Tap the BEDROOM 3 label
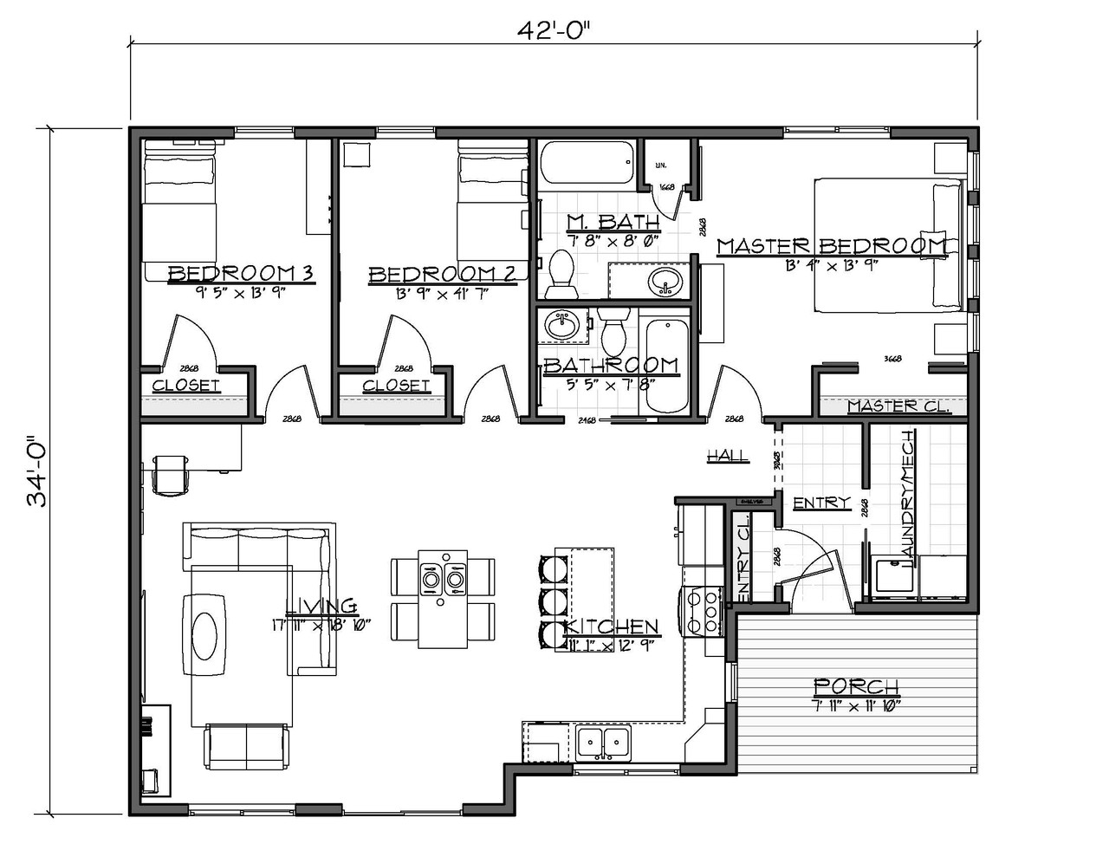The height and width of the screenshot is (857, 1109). click(239, 274)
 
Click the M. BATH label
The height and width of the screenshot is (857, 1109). click(613, 220)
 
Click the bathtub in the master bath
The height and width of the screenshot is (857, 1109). click(586, 163)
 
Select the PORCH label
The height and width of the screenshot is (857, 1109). click(856, 686)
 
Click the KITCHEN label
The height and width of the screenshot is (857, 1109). click(612, 627)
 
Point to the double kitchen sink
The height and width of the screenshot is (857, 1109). click(604, 743)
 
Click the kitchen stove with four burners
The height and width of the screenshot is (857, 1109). click(703, 610)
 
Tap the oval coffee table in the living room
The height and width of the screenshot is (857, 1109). click(208, 634)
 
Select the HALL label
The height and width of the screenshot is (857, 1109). click(727, 456)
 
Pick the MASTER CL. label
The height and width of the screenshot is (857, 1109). click(898, 406)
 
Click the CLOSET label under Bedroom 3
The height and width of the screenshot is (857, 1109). click(186, 385)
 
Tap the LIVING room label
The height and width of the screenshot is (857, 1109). click(321, 606)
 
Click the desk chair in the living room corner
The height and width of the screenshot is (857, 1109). click(171, 473)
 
